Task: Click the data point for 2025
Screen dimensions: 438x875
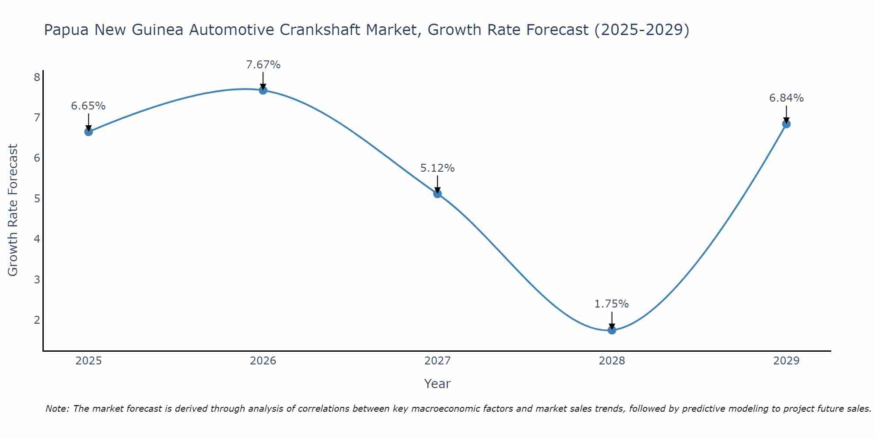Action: (x=88, y=131)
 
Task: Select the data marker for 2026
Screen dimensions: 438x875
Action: (x=263, y=90)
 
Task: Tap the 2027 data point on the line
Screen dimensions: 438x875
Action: (x=437, y=194)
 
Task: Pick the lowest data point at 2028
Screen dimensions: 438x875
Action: (x=612, y=330)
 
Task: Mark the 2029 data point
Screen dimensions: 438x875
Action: (x=786, y=124)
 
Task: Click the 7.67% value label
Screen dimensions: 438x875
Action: (x=263, y=65)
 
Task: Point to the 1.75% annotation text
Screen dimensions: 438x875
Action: (x=612, y=304)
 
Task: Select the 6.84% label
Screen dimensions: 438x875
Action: (x=786, y=98)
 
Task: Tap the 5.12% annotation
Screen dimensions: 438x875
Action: (x=437, y=168)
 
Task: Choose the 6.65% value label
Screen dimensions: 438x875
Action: (x=88, y=106)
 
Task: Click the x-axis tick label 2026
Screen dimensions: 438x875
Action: (x=263, y=361)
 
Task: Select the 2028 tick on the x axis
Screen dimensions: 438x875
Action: (x=612, y=361)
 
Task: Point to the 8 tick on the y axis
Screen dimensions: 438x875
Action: (x=37, y=78)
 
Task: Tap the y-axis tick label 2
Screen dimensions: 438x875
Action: (x=37, y=320)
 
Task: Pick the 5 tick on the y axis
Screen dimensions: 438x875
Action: (x=37, y=199)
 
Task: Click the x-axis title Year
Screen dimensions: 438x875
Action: (x=437, y=384)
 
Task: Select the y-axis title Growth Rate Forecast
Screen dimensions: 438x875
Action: (x=13, y=210)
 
